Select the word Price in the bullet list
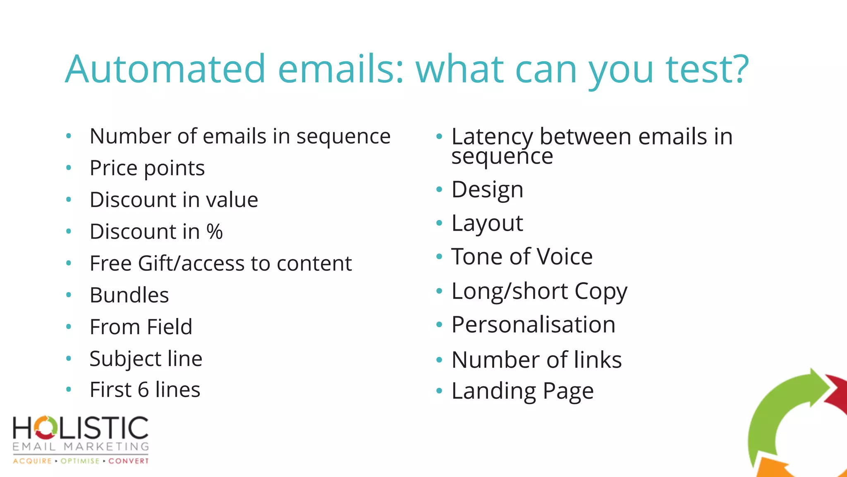click(113, 168)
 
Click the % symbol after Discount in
click(215, 231)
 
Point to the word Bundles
click(129, 295)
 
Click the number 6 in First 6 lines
click(143, 390)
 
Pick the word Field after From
click(170, 327)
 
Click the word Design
click(487, 190)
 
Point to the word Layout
click(487, 224)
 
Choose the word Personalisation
click(534, 325)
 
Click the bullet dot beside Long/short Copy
click(439, 291)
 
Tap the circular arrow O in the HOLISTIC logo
click(45, 428)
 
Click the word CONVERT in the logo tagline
click(129, 461)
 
